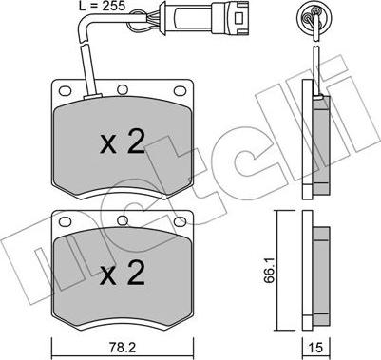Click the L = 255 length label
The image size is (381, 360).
(102, 6)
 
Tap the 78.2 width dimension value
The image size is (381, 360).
(123, 348)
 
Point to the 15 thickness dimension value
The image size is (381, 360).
(315, 348)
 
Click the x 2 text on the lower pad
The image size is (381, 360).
(123, 273)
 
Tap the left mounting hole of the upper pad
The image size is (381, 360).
(65, 91)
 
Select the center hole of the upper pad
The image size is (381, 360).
(123, 90)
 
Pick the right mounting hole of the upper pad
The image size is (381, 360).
(180, 91)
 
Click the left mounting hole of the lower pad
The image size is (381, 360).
(65, 221)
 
